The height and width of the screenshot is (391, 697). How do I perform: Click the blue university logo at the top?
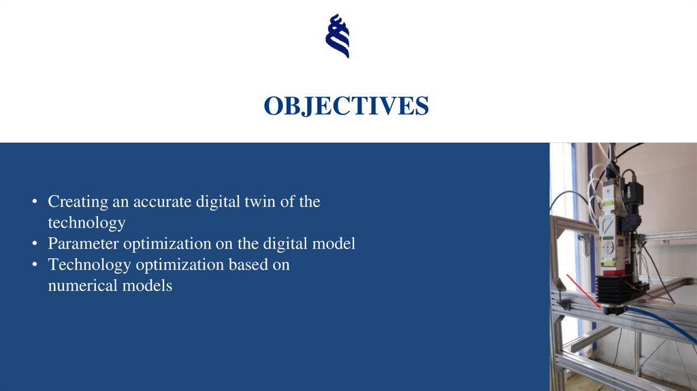pos(338,35)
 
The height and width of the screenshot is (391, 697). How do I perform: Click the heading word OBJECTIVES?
pos(346,106)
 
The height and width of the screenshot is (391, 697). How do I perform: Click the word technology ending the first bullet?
pos(86,223)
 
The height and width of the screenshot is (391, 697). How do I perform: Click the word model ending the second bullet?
pos(336,244)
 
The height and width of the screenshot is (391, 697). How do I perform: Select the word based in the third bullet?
pos(248,265)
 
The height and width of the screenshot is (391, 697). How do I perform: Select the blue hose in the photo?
pos(664,323)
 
